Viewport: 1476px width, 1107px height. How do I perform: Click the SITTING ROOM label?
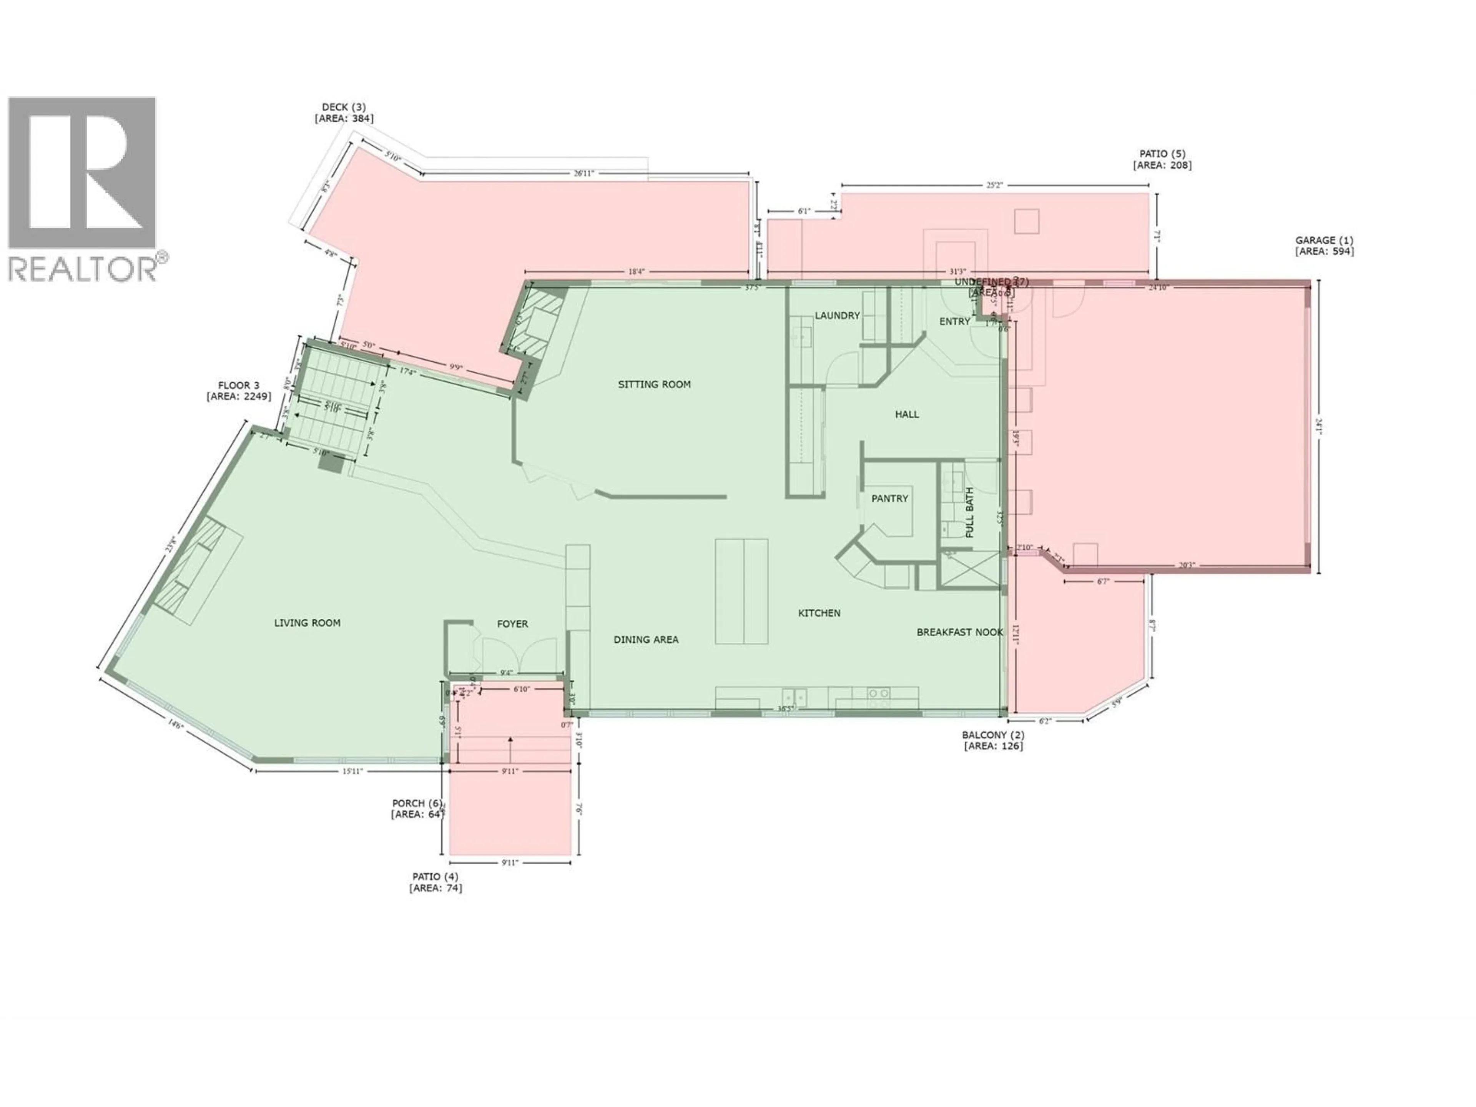tap(654, 384)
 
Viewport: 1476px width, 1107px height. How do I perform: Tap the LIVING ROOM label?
tap(307, 623)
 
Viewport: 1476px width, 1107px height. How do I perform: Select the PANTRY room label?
tap(889, 499)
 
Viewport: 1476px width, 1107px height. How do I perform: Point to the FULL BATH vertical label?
tap(969, 512)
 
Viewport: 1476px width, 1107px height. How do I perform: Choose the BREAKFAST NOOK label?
tap(959, 632)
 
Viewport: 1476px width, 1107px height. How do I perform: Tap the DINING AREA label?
tap(646, 639)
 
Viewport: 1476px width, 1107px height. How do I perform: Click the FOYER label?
tap(512, 624)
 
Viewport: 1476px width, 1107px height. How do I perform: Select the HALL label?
tap(907, 414)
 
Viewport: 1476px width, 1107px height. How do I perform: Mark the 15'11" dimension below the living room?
tap(352, 771)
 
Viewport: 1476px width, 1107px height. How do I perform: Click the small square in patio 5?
tap(1026, 221)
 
